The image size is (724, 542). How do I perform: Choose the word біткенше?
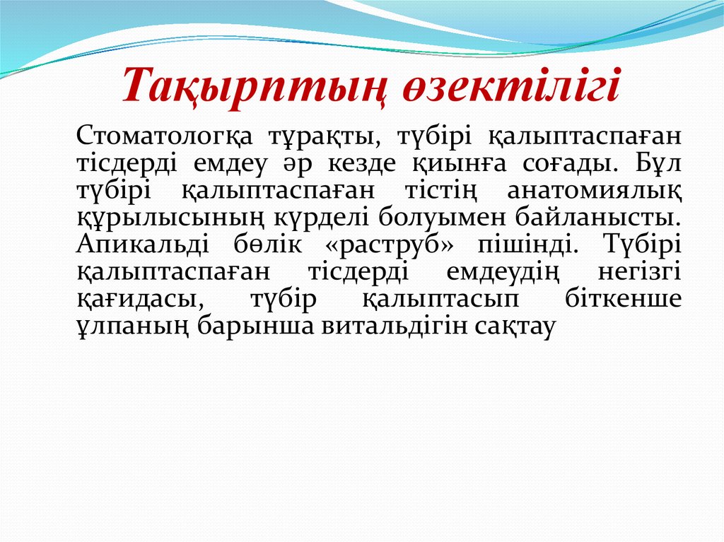pyautogui.click(x=624, y=299)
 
